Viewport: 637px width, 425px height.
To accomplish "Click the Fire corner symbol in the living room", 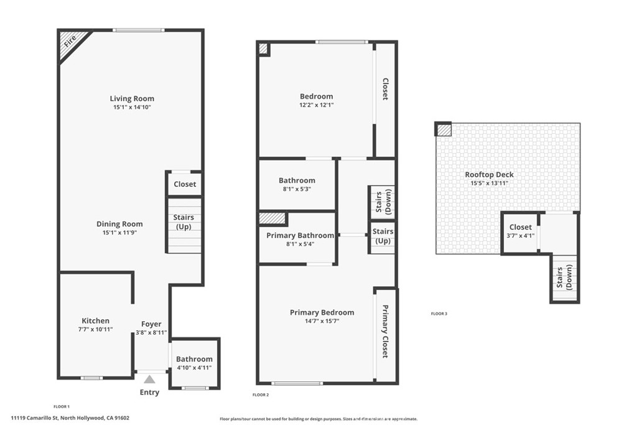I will [x=69, y=42].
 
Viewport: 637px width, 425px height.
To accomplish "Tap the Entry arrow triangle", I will [x=149, y=379].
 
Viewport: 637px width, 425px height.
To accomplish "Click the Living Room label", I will [x=132, y=98].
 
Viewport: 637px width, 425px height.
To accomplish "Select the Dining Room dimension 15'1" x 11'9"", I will [x=119, y=233].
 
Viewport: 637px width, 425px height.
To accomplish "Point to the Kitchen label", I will [x=95, y=320].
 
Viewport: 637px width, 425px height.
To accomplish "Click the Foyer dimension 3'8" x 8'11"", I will [x=151, y=332].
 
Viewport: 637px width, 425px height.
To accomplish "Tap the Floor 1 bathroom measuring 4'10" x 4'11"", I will [x=194, y=363].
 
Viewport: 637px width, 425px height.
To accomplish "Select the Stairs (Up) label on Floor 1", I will [x=184, y=222].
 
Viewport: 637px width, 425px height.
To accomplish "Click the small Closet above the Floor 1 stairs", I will [x=185, y=184].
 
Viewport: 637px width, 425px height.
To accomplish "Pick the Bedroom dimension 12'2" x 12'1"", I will [x=316, y=105].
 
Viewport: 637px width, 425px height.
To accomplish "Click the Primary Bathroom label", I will [x=300, y=236].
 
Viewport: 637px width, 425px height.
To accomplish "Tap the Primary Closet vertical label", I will [x=385, y=332].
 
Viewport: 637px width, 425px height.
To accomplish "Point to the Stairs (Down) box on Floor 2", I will [x=383, y=202].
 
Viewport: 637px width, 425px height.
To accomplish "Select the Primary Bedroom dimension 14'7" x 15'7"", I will [x=322, y=321].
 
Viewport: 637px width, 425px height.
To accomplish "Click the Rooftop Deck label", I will [x=489, y=175].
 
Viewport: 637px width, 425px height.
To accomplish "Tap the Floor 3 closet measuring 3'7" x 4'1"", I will [x=520, y=232].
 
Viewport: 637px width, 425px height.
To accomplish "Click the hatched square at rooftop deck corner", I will [x=444, y=129].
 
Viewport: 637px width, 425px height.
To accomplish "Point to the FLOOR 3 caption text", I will [x=439, y=314].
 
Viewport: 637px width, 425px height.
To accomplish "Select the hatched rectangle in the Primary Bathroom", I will [x=272, y=218].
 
